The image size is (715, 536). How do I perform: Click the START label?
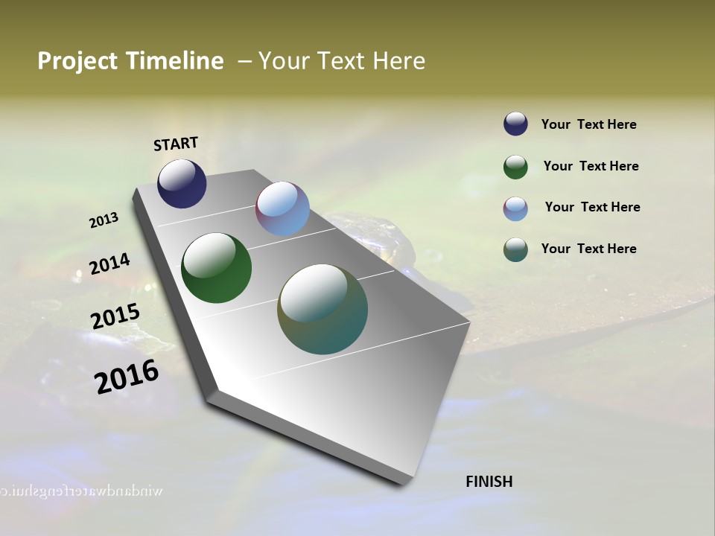click(x=176, y=144)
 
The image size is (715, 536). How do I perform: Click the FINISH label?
click(x=489, y=482)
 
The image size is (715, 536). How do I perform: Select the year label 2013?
click(x=104, y=220)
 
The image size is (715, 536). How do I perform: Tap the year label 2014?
click(x=109, y=264)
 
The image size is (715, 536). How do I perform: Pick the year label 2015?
click(x=115, y=317)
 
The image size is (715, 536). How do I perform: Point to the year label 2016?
click(x=127, y=377)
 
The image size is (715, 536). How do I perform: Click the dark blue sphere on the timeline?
click(x=182, y=183)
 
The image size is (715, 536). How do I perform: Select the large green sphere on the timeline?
click(x=217, y=268)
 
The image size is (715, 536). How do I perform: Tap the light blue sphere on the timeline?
click(x=282, y=208)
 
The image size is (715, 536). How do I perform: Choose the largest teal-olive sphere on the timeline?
click(x=322, y=309)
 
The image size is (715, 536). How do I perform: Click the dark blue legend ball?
click(x=515, y=124)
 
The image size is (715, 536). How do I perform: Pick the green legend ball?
click(x=515, y=167)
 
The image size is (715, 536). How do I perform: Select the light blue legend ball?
click(x=515, y=208)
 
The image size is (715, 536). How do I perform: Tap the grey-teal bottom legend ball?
click(x=515, y=249)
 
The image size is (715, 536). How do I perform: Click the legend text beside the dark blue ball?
click(x=588, y=125)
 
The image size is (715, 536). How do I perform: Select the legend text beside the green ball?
click(x=591, y=167)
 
